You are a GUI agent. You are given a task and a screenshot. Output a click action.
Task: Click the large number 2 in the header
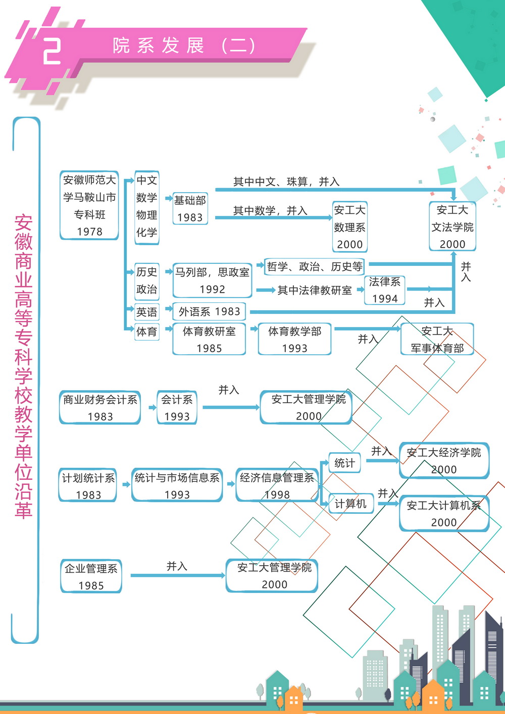(x=52, y=51)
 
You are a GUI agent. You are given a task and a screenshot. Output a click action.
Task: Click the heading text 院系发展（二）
(x=184, y=46)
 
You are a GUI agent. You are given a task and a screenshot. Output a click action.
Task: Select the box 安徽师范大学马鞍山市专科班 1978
(x=89, y=205)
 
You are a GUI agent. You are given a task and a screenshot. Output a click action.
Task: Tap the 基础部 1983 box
(x=190, y=208)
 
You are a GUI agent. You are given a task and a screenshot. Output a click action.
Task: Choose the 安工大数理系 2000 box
(x=349, y=227)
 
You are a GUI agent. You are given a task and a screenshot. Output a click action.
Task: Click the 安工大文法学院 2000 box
(x=452, y=227)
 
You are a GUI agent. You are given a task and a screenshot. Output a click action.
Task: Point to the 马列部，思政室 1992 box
(x=212, y=281)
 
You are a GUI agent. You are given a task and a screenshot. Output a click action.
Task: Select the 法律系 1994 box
(x=385, y=290)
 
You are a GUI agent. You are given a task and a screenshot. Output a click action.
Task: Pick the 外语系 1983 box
(x=209, y=312)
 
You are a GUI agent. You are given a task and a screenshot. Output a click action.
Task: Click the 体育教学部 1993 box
(x=295, y=340)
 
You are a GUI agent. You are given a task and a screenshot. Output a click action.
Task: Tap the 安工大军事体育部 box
(x=437, y=340)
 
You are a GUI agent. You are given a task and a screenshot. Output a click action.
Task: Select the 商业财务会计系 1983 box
(x=100, y=408)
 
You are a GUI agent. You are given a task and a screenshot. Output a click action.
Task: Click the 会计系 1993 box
(x=177, y=408)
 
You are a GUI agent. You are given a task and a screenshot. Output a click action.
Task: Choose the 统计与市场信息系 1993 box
(x=177, y=486)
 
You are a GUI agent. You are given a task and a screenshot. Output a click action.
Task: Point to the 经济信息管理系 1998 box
(x=277, y=486)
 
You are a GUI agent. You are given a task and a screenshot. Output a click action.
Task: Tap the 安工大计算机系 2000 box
(x=444, y=514)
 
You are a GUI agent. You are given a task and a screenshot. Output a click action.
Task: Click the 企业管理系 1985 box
(x=91, y=577)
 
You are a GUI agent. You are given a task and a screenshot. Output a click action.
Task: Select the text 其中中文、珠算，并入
(x=286, y=182)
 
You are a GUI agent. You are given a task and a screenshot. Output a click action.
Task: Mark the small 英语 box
(x=146, y=312)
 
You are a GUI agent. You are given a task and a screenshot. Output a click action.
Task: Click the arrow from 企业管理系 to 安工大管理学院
(x=177, y=575)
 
